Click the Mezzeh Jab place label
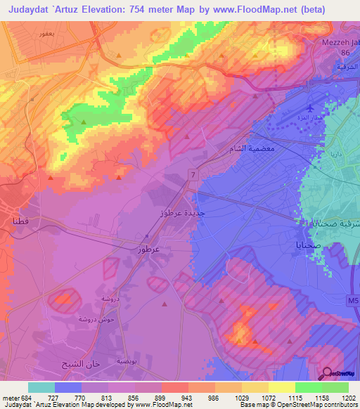point(340,41)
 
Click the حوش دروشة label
point(77,318)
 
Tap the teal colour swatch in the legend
point(41,387)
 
